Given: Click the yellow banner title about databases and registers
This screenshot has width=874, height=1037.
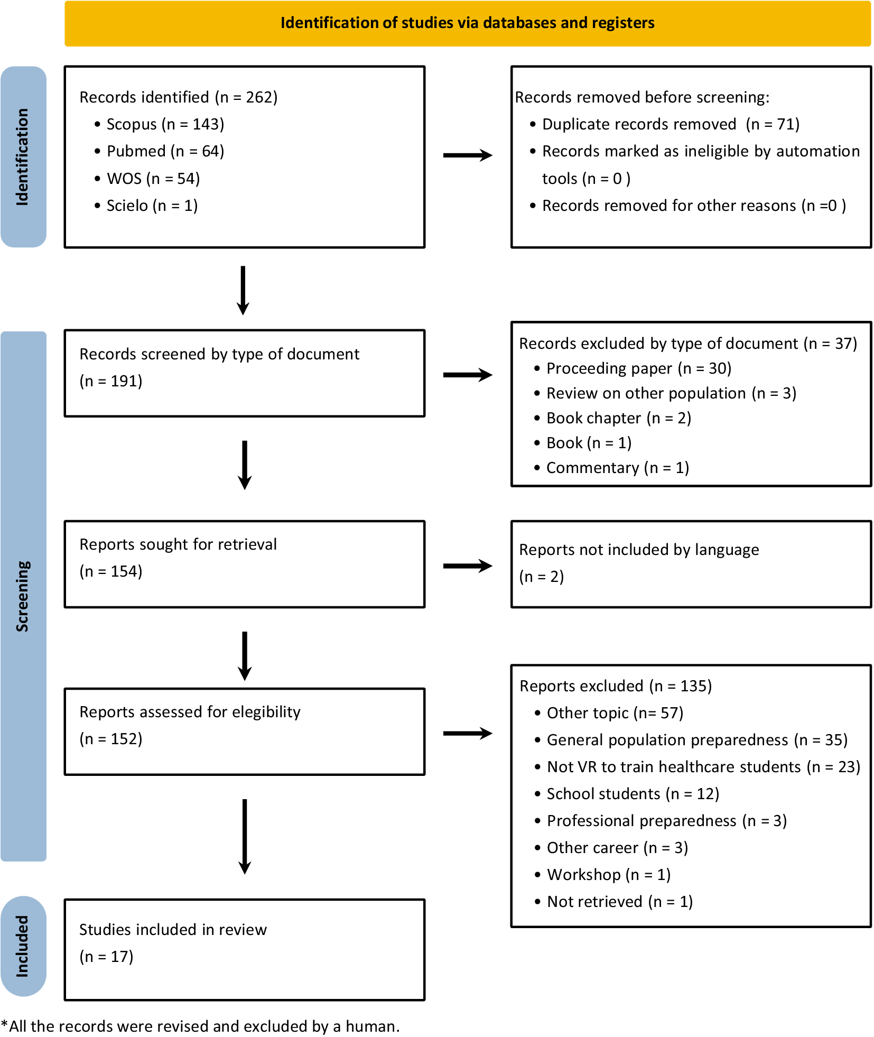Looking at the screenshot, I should click(467, 23).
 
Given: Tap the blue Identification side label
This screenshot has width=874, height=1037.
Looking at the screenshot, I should click(23, 156).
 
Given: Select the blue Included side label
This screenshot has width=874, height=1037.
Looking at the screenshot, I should click(23, 946).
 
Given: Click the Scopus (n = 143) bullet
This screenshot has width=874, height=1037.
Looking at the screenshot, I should click(165, 124).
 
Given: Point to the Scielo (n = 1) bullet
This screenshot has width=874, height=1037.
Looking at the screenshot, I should click(152, 206).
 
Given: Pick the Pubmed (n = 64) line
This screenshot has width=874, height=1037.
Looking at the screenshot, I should click(165, 151).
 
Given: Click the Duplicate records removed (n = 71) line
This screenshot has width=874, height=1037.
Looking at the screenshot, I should click(670, 124).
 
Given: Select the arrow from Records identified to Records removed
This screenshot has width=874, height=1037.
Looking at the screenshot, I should click(467, 155).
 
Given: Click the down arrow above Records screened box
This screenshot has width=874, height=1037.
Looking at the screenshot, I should click(243, 290).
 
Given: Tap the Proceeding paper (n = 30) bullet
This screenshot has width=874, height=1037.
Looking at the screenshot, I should click(638, 368).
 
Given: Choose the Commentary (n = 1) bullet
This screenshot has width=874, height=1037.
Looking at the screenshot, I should click(617, 468).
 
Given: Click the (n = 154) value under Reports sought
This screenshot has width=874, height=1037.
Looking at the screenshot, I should click(111, 571).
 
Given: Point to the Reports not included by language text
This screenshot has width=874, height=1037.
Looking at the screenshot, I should click(638, 550).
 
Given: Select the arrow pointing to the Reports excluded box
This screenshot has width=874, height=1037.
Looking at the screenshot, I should click(467, 733).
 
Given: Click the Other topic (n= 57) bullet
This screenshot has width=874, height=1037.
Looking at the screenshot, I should click(615, 713).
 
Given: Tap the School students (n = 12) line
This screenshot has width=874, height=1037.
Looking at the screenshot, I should click(633, 794).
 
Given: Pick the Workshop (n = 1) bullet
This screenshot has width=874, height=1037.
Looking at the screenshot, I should click(608, 875).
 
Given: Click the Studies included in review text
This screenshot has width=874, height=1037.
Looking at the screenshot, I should click(173, 930).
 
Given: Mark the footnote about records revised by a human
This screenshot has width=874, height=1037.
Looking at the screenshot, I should click(201, 1026).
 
